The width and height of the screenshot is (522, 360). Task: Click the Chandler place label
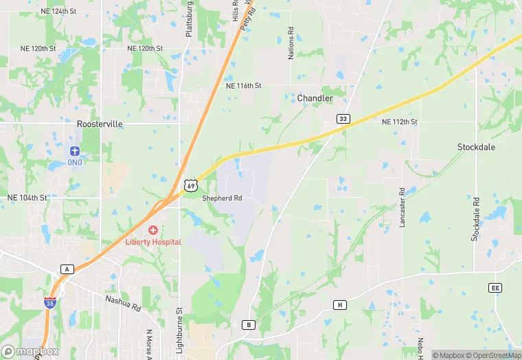[x=315, y=98]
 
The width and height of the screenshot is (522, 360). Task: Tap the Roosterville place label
[x=100, y=124]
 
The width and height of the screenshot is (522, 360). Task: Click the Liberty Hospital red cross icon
[x=152, y=230]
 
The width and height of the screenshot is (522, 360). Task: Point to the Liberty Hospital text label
[x=152, y=242]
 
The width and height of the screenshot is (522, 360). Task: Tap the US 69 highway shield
[x=191, y=185]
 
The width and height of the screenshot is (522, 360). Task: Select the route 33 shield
[x=343, y=119]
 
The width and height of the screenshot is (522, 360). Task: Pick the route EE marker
[x=496, y=288]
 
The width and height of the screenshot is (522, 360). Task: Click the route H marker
[x=339, y=304]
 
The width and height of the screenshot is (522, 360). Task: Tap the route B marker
[x=249, y=324]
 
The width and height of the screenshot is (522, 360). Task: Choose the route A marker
[x=67, y=269]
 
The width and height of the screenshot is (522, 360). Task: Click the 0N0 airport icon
[x=75, y=150]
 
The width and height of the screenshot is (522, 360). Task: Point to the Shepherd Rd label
[x=222, y=198]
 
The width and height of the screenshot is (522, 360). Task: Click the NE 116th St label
[x=244, y=86]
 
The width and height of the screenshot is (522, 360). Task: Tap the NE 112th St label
[x=399, y=122]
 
